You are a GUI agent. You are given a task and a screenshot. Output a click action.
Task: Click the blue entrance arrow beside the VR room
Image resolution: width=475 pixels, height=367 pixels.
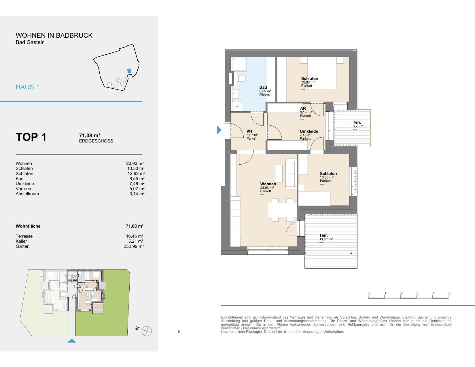tap(219, 130)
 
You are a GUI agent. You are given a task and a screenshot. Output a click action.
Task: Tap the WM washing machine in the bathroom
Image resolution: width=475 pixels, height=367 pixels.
tap(237, 107)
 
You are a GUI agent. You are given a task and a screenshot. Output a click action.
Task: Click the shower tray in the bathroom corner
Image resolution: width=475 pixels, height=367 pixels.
tap(239, 64)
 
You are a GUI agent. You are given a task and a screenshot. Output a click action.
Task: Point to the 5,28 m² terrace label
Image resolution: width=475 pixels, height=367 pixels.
tap(359, 128)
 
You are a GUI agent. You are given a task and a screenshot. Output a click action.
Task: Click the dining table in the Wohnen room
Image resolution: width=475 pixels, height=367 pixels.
tap(282, 210)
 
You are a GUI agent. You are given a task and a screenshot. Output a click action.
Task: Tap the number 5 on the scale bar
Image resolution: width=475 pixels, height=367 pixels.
tap(449, 293)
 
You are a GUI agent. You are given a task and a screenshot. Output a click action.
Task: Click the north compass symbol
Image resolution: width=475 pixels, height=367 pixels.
tap(146, 331)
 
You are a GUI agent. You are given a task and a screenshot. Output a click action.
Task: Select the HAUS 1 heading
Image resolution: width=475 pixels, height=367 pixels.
tap(27, 87)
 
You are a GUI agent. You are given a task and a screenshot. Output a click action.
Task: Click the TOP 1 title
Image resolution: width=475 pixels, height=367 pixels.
tap(31, 137)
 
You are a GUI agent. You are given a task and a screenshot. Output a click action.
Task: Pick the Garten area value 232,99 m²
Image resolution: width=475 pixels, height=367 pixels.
tap(134, 246)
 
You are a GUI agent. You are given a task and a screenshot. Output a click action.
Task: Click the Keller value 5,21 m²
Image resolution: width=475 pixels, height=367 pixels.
tap(136, 241)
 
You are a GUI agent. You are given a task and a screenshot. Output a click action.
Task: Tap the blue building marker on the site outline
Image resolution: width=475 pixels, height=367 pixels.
tap(129, 71)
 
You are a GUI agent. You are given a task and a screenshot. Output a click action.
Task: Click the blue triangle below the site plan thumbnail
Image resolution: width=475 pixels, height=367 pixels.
tap(72, 341)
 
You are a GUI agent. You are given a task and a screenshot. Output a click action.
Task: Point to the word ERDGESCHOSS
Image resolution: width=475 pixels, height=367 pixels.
tap(96, 141)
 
